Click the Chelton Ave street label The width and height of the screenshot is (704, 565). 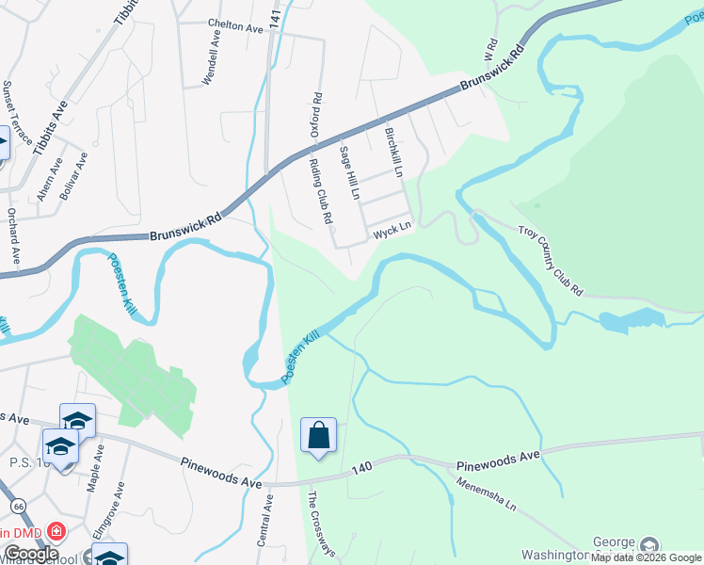pyautogui.click(x=235, y=27)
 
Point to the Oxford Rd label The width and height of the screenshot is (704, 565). pyautogui.click(x=317, y=114)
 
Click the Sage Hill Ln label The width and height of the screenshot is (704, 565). pyautogui.click(x=350, y=173)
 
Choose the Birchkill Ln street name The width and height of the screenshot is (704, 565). pyautogui.click(x=394, y=153)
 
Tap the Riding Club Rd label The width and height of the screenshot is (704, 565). pyautogui.click(x=322, y=191)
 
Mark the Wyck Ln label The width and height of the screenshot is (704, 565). pyautogui.click(x=392, y=228)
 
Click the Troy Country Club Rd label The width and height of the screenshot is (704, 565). pyautogui.click(x=552, y=261)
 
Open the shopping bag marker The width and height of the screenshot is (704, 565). pyautogui.click(x=318, y=436)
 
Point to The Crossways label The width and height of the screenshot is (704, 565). pyautogui.click(x=322, y=523)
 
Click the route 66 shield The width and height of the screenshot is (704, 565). pyautogui.click(x=19, y=506)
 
